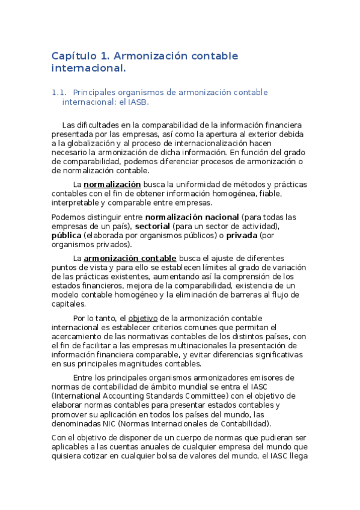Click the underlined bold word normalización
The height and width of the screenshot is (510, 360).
click(x=112, y=184)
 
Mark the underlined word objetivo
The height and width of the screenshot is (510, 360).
click(x=141, y=318)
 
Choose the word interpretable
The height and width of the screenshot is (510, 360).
click(x=75, y=203)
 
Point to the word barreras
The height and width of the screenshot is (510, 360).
click(x=238, y=295)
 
